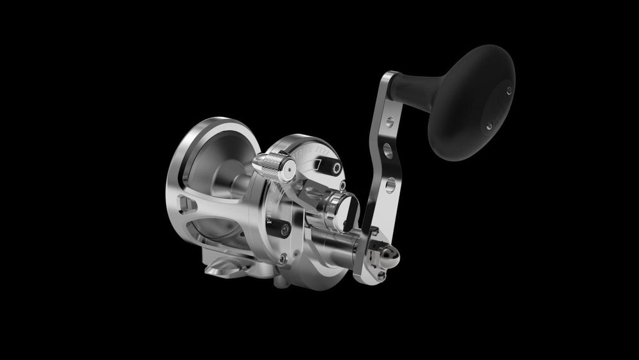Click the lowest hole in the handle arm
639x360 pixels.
387,187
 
